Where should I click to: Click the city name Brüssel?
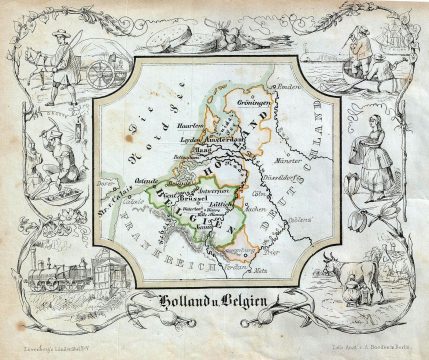coord(193,197)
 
